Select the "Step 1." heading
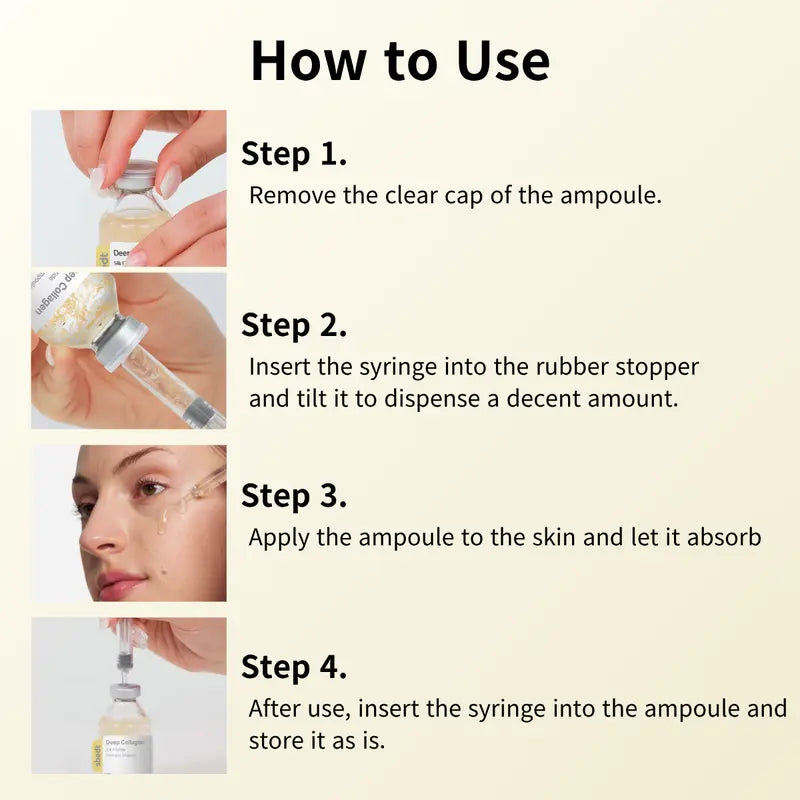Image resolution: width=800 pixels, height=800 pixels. (x=294, y=154)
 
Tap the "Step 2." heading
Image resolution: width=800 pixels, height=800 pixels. (x=294, y=325)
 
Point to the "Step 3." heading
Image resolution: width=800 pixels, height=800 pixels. (x=294, y=496)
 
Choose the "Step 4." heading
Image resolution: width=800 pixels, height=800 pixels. (x=294, y=667)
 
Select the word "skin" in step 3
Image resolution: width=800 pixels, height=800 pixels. (x=555, y=537)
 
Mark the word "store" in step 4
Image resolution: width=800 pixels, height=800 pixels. (x=277, y=742)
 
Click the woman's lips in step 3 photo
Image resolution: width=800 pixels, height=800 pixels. (x=122, y=581)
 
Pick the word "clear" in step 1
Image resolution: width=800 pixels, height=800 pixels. (x=412, y=195)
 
